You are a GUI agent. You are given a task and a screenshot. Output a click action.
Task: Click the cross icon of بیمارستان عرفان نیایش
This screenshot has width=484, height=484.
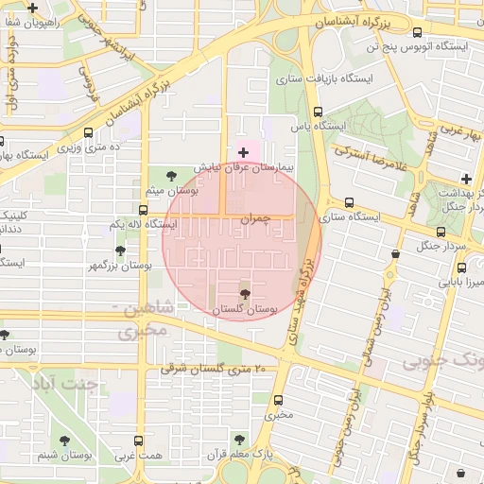pyautogui.click(x=243, y=151)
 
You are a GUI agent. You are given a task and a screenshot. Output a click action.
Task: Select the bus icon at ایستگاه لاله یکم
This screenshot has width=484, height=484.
pyautogui.click(x=143, y=209)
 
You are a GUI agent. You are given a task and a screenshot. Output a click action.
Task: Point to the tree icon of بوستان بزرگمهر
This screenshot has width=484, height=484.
pyautogui.click(x=120, y=251)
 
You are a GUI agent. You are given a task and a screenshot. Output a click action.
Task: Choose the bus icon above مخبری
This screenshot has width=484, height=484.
pyautogui.click(x=279, y=399)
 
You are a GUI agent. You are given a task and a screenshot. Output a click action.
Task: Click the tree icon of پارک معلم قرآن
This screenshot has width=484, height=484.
pyautogui.click(x=240, y=440)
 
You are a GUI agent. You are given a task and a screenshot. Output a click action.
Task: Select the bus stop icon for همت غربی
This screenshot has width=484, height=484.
pyautogui.click(x=139, y=441)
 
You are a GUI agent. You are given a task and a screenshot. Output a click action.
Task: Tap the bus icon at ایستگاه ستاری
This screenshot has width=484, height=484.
pyautogui.click(x=350, y=202)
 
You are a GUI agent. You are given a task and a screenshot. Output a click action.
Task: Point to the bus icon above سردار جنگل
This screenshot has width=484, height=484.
pyautogui.click(x=441, y=232)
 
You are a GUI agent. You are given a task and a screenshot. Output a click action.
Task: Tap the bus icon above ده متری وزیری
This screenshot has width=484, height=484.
pyautogui.click(x=89, y=133)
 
